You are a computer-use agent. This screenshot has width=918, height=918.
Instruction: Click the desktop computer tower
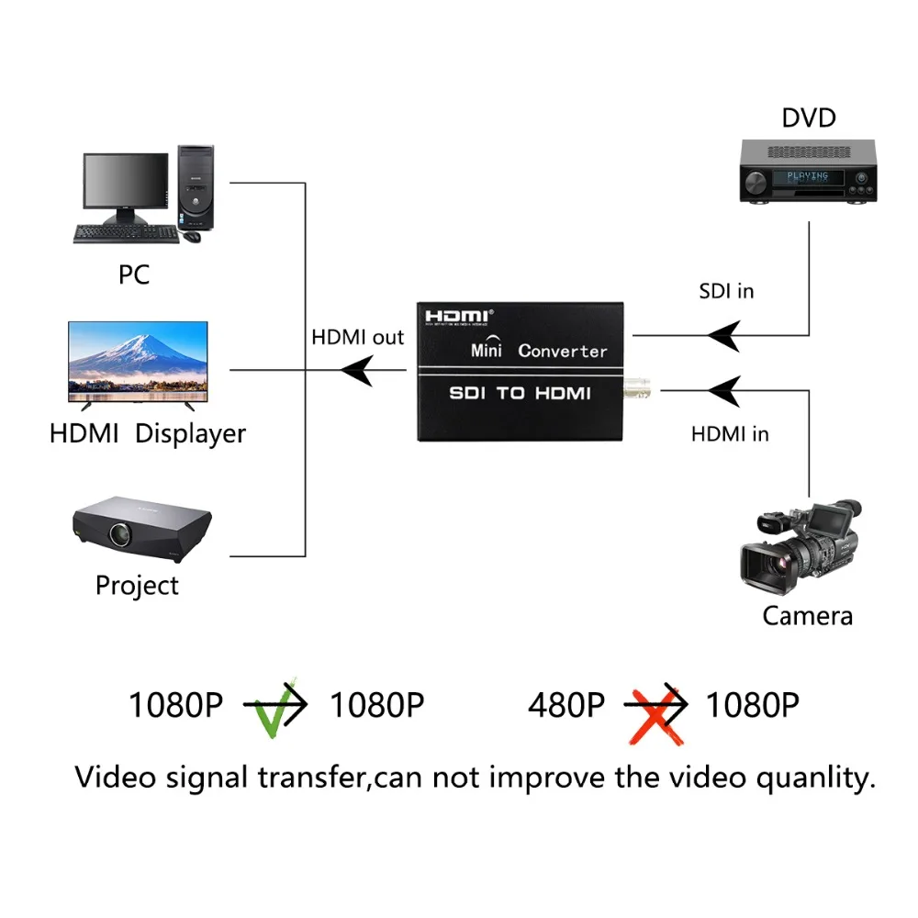(x=196, y=187)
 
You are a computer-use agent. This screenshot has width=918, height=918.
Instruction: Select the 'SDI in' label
(x=726, y=291)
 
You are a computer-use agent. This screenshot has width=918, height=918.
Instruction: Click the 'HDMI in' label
(x=730, y=433)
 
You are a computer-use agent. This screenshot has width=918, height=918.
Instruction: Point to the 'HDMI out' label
(x=357, y=337)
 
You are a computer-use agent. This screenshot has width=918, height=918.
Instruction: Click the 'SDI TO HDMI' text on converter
(x=519, y=394)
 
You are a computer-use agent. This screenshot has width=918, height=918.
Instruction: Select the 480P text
(x=566, y=705)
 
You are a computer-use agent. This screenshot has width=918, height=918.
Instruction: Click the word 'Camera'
(x=807, y=615)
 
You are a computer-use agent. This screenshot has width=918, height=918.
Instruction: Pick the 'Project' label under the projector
(x=137, y=585)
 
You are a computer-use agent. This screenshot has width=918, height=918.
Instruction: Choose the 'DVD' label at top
(x=809, y=118)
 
